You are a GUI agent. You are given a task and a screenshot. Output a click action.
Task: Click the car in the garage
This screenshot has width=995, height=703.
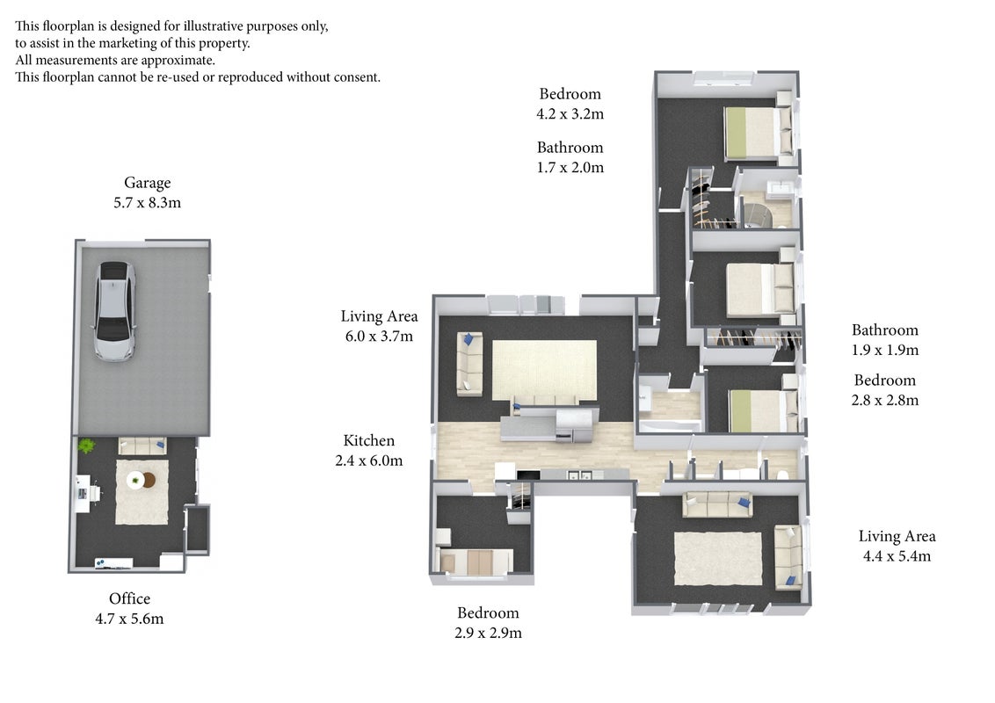click(115, 311)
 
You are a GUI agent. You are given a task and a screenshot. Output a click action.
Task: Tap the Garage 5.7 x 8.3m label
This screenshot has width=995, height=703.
click(147, 192)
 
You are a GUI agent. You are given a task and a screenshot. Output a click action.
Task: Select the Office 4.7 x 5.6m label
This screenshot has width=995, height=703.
click(129, 608)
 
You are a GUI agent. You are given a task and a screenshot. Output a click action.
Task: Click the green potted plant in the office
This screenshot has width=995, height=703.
click(86, 446)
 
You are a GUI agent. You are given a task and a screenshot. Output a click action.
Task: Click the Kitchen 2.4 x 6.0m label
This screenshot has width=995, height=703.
click(368, 451)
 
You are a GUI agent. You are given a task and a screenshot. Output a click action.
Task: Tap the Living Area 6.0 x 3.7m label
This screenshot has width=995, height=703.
click(379, 326)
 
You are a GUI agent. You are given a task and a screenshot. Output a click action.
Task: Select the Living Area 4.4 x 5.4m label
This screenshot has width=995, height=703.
click(897, 547)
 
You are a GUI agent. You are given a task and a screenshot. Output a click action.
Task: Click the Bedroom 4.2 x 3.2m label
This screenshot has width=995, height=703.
click(570, 104)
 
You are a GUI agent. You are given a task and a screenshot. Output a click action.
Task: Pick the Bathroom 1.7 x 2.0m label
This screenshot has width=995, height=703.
click(570, 157)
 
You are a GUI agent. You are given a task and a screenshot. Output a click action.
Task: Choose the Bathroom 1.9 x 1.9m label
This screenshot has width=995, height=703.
click(884, 339)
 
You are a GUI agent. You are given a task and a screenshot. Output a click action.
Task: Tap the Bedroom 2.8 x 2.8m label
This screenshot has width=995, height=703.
click(884, 389)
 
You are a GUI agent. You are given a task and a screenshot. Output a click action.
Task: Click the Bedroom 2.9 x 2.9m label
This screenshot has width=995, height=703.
click(488, 622)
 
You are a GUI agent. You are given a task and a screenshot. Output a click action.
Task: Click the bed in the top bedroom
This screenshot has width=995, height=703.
click(758, 132)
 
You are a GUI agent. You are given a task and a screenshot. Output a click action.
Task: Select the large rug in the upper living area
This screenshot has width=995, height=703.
click(544, 370)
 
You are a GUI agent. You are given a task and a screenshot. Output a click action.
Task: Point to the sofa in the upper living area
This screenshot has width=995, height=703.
click(469, 364)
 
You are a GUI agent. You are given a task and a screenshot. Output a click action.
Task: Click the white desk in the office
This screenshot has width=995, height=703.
click(83, 494)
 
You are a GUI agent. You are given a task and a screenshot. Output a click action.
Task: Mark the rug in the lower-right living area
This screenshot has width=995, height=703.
click(718, 558)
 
